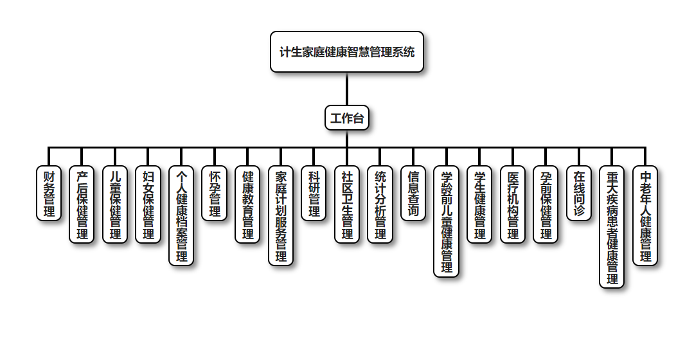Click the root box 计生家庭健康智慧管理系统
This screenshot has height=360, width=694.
tap(347, 51)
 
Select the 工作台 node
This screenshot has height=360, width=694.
tap(347, 118)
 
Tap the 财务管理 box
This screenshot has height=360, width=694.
tap(49, 193)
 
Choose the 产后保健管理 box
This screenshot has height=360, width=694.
tap(82, 204)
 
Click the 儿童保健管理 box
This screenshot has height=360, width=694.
tap(115, 204)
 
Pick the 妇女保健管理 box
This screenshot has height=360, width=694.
tap(148, 204)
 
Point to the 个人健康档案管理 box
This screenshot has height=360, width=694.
tap(181, 215)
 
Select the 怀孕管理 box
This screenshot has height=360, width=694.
tap(215, 193)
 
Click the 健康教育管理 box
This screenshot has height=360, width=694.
tap(247, 204)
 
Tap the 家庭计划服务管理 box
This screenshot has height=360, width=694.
tap(281, 215)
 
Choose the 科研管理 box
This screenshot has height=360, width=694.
tap(314, 193)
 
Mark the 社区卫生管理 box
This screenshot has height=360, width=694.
tap(347, 204)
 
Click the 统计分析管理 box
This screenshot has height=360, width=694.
tap(380, 204)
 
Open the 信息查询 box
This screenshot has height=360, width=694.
tap(413, 193)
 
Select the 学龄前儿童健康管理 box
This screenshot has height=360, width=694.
tap(447, 221)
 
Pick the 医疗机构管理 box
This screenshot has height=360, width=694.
tap(513, 204)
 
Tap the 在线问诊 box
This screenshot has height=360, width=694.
tap(579, 193)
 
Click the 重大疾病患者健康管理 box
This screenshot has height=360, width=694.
tap(612, 227)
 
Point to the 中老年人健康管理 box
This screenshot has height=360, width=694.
tap(645, 215)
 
